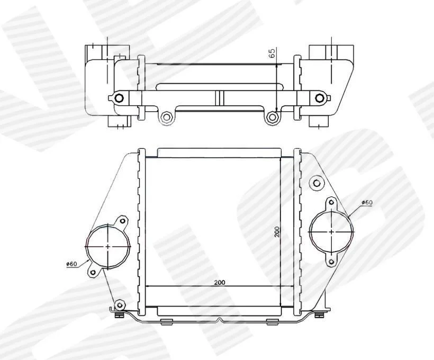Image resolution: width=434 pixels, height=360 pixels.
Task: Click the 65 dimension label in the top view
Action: coord(272,53)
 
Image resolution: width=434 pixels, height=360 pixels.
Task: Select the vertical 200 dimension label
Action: coord(277,231)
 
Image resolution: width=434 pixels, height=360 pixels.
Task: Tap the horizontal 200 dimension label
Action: coord(220,283)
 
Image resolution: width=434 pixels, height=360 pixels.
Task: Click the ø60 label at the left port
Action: coord(71,264)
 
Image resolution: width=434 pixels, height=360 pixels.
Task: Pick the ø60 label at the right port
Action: coord(367,202)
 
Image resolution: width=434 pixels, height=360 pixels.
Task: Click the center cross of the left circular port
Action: coord(107,246)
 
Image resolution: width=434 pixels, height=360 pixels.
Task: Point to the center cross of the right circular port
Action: coord(332,231)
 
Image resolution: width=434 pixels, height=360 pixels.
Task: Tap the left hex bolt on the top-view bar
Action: coord(119,98)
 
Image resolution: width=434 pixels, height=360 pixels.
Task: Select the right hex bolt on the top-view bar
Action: coord(320,98)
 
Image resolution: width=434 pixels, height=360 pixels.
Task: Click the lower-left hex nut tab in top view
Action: coord(166,117)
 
